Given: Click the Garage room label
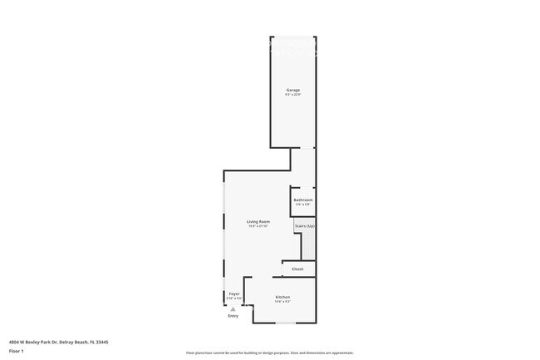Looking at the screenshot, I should [x=293, y=90].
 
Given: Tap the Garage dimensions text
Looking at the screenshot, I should [x=293, y=95].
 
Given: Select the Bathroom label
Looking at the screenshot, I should [x=303, y=200].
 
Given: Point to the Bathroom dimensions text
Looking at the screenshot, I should [x=303, y=205].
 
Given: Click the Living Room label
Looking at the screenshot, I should [x=258, y=221].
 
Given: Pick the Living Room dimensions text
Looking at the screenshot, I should [x=258, y=226].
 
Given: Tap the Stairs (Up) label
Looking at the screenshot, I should [x=305, y=226].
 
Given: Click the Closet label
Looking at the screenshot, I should [x=297, y=269].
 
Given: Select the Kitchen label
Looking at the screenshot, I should [x=282, y=297].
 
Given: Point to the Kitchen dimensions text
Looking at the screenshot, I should [x=282, y=302].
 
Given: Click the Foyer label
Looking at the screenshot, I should [x=234, y=293].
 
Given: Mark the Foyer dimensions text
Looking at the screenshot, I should [x=234, y=298].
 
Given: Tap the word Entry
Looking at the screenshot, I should [x=233, y=316].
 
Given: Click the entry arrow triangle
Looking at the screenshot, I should [x=233, y=309].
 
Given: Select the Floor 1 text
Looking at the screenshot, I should [x=17, y=352].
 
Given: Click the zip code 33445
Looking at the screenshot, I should [x=102, y=342].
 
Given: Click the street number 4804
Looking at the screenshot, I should [x=14, y=342].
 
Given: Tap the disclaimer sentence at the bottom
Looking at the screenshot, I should [x=270, y=353].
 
